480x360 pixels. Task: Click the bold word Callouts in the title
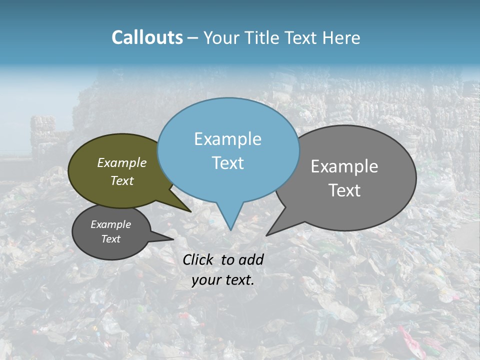coord(147,37)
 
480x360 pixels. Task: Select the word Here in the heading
coord(342,38)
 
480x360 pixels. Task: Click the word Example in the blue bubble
coord(227,139)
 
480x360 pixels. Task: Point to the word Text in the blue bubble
coord(228,163)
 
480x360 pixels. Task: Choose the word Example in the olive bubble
coord(122,162)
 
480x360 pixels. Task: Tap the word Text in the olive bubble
coord(122,180)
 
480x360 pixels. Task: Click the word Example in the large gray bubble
coord(344,166)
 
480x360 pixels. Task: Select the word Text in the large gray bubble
coord(345,190)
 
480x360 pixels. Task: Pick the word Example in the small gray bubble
coord(110,224)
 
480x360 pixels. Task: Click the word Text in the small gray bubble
coord(110,238)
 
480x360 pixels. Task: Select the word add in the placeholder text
coord(251,259)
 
